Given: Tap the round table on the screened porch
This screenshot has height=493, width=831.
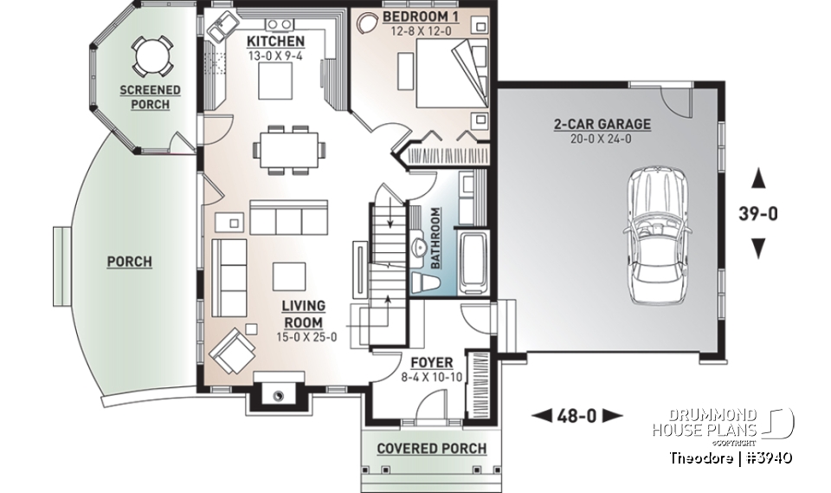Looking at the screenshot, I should click(x=152, y=57).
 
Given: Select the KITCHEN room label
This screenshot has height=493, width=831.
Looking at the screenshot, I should click(x=275, y=42).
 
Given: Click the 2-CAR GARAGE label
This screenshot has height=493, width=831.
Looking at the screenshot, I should click(x=602, y=124).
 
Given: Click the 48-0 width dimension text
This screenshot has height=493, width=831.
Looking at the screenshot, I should click(x=577, y=416).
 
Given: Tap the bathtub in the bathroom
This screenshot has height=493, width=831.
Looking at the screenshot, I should click(x=474, y=260).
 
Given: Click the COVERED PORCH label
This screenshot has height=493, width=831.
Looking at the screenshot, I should click(x=431, y=448).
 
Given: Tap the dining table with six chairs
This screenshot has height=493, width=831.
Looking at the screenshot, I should click(x=290, y=148).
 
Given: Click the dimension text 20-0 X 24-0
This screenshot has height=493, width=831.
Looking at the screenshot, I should click(x=602, y=139).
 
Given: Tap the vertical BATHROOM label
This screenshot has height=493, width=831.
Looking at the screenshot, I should click(x=435, y=237).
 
